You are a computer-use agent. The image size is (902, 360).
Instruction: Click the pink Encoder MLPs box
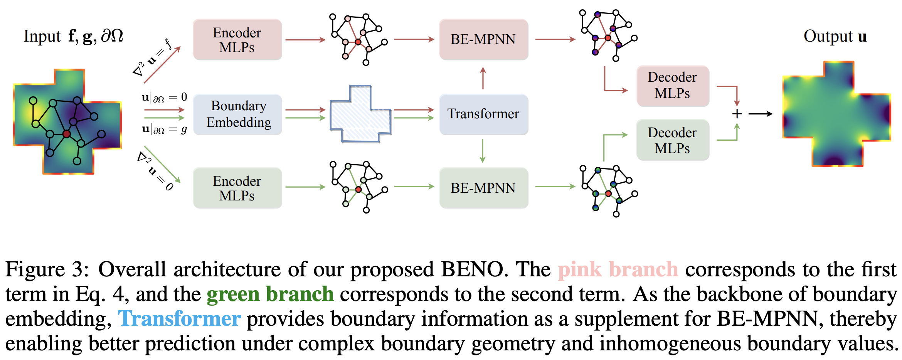[237, 40]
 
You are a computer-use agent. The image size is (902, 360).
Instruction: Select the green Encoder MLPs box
[237, 188]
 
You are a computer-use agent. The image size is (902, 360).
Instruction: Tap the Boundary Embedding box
[238, 114]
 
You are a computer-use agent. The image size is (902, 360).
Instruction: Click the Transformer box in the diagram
[483, 114]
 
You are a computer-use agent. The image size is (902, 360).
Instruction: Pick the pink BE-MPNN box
[483, 39]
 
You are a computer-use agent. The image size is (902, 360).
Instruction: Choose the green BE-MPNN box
[483, 188]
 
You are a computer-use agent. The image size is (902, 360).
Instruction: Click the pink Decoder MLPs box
[673, 86]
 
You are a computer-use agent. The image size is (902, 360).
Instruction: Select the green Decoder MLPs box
[673, 140]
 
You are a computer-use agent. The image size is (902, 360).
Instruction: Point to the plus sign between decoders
[737, 114]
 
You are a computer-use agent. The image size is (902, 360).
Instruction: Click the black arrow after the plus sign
[760, 114]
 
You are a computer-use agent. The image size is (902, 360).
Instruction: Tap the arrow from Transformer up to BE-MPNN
[483, 78]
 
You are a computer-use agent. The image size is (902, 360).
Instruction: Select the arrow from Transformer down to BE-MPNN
[483, 151]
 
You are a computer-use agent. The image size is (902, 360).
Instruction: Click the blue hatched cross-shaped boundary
[360, 114]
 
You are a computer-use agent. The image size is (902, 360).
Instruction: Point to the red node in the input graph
[67, 134]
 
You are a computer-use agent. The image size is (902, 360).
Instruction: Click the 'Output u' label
[835, 37]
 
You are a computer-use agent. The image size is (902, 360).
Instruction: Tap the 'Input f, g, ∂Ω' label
[73, 36]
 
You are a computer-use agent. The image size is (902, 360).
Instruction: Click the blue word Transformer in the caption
[180, 319]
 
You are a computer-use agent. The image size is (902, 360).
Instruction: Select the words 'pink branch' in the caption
[618, 269]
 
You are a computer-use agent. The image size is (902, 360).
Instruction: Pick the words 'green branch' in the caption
[270, 294]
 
